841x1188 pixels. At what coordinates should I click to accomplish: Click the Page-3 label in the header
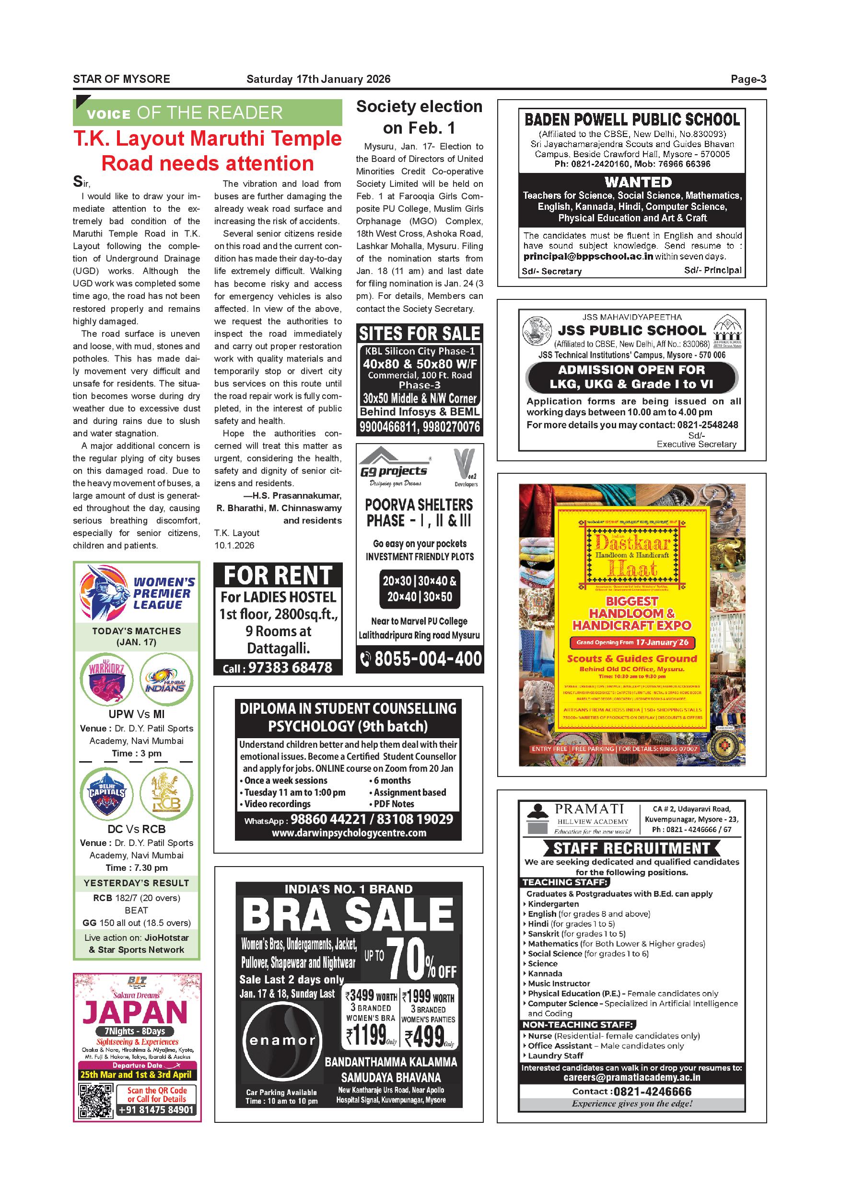click(x=748, y=79)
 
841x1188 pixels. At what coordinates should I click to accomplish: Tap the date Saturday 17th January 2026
click(x=318, y=79)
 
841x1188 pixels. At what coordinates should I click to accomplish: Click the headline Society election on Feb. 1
click(x=419, y=117)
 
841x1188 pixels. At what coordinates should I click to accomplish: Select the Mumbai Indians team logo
click(x=166, y=680)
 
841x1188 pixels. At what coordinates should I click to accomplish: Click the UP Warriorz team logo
click(x=106, y=680)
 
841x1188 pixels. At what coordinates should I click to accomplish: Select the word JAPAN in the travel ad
click(x=135, y=1013)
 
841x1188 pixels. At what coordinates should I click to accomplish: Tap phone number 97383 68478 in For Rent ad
click(x=290, y=667)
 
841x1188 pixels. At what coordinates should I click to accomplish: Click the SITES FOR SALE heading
click(x=420, y=333)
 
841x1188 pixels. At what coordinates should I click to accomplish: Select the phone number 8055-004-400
click(x=428, y=659)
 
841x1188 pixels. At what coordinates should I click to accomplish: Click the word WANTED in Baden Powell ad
click(x=638, y=182)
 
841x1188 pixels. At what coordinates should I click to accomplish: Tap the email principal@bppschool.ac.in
click(x=588, y=257)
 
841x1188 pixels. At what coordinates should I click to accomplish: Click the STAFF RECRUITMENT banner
click(x=631, y=848)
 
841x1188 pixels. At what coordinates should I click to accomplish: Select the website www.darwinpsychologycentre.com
click(x=349, y=833)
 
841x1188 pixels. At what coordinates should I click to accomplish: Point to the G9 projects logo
click(x=394, y=466)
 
